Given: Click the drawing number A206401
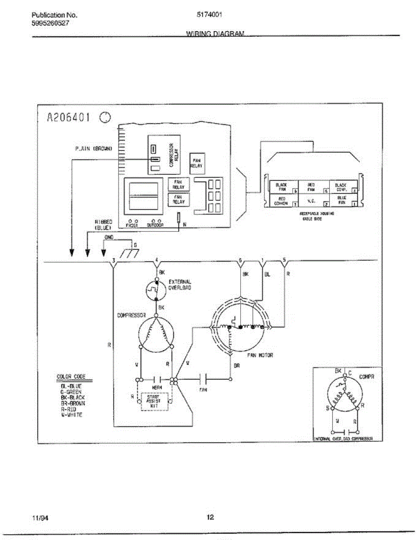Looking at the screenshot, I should click(69, 118).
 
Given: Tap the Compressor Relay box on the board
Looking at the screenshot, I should click(164, 155).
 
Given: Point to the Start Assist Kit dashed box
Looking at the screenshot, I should click(154, 400).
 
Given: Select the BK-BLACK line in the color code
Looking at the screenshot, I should click(72, 397).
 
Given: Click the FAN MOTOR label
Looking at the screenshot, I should click(260, 355).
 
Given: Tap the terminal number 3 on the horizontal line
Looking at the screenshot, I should click(114, 261).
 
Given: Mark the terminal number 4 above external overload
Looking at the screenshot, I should click(156, 260).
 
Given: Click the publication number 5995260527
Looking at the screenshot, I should click(50, 23).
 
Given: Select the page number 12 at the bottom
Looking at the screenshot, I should click(210, 517).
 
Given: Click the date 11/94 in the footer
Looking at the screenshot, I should click(40, 517).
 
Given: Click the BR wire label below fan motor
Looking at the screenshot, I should click(237, 365).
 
